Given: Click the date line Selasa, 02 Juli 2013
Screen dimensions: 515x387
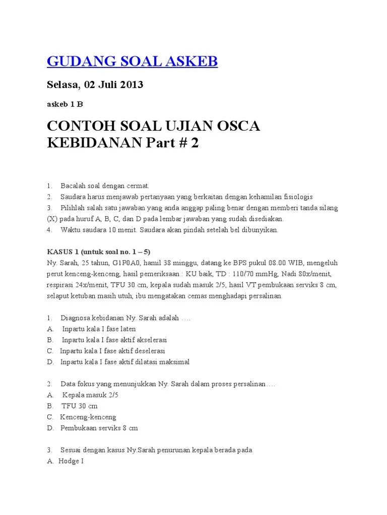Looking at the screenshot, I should pos(95,84).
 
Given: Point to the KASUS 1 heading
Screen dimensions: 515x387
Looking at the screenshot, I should pos(99,251).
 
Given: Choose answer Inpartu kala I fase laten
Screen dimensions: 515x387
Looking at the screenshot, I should pos(99,329).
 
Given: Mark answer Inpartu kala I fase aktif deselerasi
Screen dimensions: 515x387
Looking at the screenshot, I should pos(112,351).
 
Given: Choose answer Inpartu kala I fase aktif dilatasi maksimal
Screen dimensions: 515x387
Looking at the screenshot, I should pos(125,362).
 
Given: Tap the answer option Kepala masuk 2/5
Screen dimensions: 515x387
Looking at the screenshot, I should pos(91,395).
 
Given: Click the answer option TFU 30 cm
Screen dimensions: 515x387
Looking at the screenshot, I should pos(80,406).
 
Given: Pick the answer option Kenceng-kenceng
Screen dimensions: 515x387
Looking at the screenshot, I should pos(88,417).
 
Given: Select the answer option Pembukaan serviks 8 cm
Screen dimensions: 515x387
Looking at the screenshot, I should pos(99,428).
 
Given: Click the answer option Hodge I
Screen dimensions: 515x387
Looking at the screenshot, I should pos(71,462).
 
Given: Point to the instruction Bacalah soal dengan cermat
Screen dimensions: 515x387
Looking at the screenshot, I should pos(105,186).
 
